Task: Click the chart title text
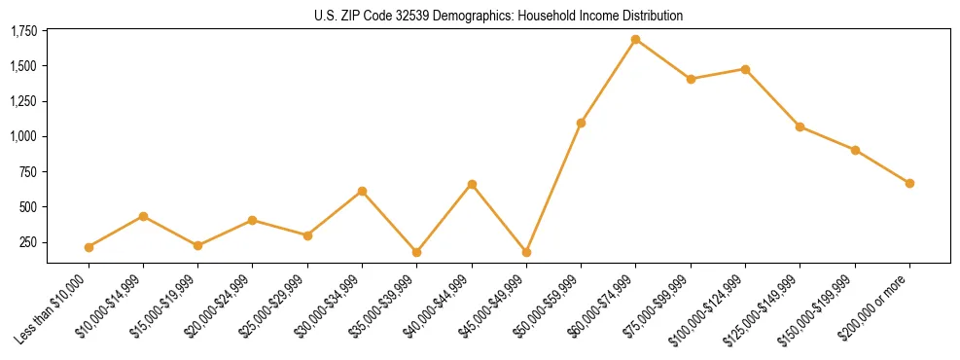click(498, 16)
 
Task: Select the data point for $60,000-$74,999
click(636, 40)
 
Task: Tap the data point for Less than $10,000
click(89, 247)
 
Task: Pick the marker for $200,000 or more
click(909, 183)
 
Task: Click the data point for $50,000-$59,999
click(581, 123)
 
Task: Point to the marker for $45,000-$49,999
click(526, 252)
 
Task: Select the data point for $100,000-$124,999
click(745, 69)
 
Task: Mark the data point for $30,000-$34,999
click(362, 191)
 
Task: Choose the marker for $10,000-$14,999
click(143, 216)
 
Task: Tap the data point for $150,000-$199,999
click(855, 150)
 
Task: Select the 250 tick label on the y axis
click(29, 242)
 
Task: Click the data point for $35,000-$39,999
click(416, 252)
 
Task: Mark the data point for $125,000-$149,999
click(800, 126)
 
